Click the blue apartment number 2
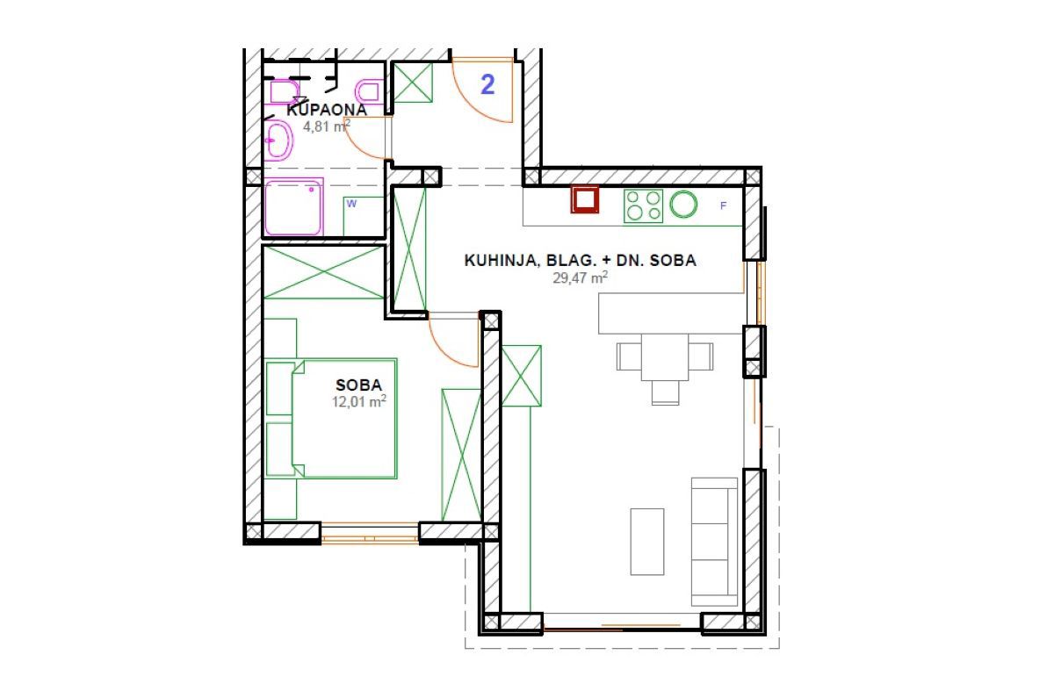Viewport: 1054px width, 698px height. (x=487, y=84)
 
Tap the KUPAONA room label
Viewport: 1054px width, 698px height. (x=326, y=111)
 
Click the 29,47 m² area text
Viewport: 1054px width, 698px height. (x=580, y=277)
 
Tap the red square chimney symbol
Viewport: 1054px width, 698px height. (x=586, y=200)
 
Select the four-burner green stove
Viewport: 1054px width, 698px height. (x=643, y=206)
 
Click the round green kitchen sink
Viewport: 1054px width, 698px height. (x=684, y=205)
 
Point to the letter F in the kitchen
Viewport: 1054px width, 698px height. (x=724, y=206)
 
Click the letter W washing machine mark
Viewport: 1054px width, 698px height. (x=352, y=204)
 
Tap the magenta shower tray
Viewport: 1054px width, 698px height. (x=293, y=207)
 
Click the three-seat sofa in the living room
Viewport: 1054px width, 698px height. (x=714, y=541)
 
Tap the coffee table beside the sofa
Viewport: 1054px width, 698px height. (x=647, y=541)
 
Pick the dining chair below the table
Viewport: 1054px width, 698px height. (x=666, y=392)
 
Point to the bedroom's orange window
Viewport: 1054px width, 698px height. (x=370, y=534)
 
